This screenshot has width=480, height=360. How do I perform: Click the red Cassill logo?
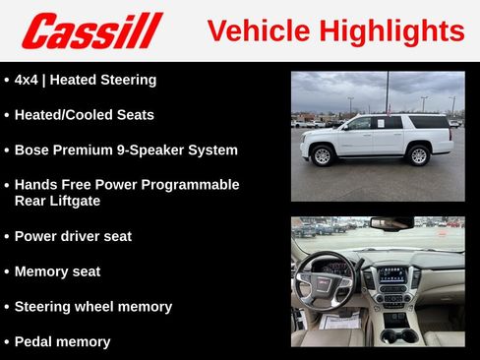click(91, 30)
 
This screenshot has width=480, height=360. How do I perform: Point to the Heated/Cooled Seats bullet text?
click(84, 115)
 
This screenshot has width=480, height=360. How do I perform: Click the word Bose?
click(33, 150)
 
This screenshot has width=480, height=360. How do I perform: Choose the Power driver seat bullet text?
click(73, 236)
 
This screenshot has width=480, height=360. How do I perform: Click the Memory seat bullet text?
click(57, 271)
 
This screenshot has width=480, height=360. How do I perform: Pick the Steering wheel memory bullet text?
click(92, 307)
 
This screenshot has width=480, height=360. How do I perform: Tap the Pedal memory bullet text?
click(62, 342)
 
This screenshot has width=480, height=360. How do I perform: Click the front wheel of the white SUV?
click(322, 155)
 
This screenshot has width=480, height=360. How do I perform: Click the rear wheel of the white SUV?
click(418, 155)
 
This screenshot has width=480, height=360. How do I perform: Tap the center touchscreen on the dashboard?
click(393, 275)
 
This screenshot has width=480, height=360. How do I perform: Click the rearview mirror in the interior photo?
click(391, 223)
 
